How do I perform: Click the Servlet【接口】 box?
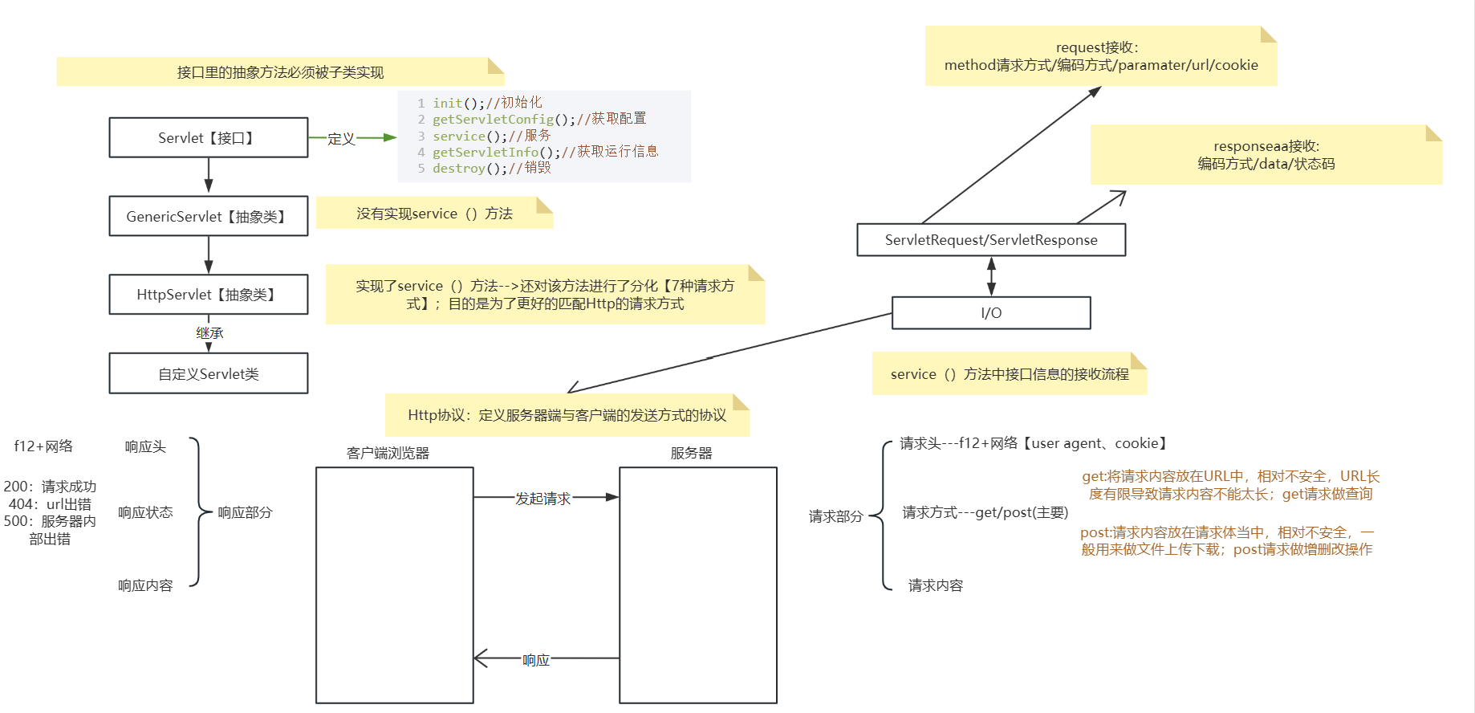(208, 138)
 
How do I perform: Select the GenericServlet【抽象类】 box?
(208, 216)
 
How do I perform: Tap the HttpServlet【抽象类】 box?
(208, 295)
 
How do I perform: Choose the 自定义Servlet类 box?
(208, 373)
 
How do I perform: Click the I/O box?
(991, 313)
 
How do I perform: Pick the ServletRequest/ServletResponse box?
(991, 240)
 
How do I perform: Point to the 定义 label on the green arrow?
(341, 139)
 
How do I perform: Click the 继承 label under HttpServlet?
(209, 333)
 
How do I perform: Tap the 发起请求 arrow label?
(542, 499)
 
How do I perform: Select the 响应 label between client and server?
(536, 660)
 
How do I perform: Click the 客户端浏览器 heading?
(388, 453)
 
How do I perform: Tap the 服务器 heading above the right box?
(691, 453)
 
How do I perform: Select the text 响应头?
(145, 446)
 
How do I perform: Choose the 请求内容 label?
(935, 585)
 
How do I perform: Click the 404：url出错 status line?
(50, 504)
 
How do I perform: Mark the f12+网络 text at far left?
(43, 446)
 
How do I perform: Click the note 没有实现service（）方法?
(434, 214)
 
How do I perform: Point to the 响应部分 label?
(245, 512)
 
